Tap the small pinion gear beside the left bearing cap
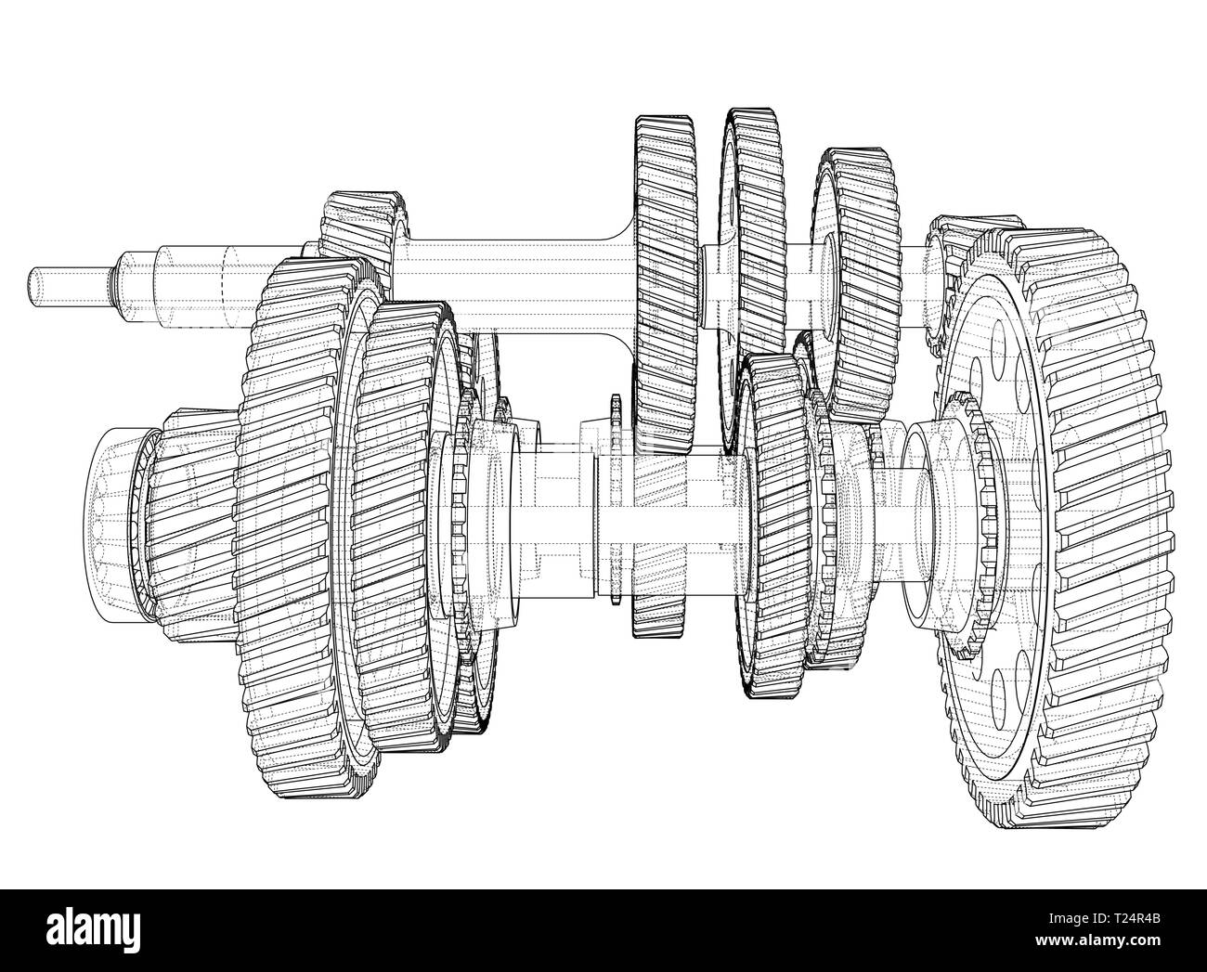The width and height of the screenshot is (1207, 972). point(186,520)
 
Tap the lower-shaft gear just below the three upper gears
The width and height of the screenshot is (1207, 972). point(771,520)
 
